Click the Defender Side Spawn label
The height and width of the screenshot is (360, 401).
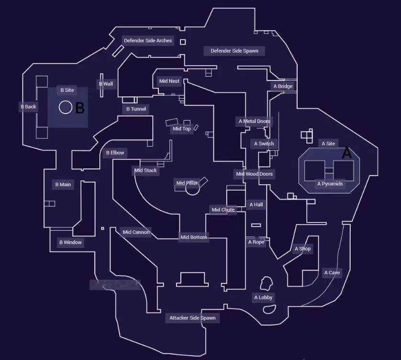click(234, 51)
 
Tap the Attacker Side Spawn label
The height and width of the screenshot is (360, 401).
click(192, 318)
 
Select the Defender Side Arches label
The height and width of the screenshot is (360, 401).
click(148, 41)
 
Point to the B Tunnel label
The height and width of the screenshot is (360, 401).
click(136, 109)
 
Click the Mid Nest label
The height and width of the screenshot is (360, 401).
click(169, 81)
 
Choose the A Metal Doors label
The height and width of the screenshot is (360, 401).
click(254, 122)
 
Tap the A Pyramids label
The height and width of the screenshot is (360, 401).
click(330, 184)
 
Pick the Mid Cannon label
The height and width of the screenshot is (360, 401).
click(136, 233)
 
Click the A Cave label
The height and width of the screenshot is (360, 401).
click(332, 273)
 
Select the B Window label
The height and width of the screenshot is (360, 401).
click(70, 242)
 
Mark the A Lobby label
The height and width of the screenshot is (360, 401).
click(263, 298)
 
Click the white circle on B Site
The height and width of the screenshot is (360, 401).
click(66, 107)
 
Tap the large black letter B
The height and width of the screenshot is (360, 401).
click(80, 108)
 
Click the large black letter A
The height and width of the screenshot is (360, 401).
click(346, 153)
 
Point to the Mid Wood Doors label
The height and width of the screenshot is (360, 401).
click(254, 174)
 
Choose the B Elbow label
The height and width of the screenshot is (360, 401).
click(115, 153)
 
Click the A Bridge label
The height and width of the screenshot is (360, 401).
click(283, 87)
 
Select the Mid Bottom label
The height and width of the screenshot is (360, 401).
click(193, 237)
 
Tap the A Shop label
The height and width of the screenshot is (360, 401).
click(302, 249)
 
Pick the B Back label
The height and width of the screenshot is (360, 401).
click(28, 107)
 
